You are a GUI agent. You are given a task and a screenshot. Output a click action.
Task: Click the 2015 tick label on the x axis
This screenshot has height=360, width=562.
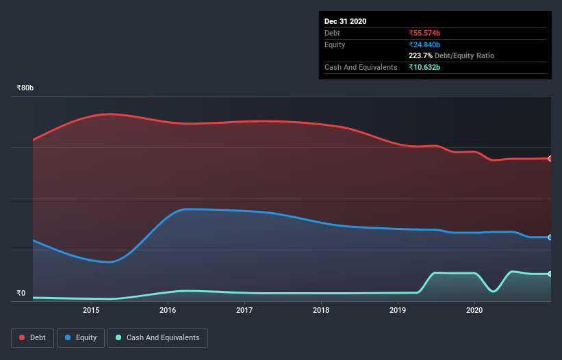pyautogui.click(x=91, y=311)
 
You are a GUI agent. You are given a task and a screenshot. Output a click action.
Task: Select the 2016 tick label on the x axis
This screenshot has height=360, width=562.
pyautogui.click(x=168, y=311)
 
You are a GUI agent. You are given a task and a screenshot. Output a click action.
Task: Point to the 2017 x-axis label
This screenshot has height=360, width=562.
pyautogui.click(x=244, y=311)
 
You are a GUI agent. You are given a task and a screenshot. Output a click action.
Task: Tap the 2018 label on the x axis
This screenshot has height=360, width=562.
pyautogui.click(x=321, y=311)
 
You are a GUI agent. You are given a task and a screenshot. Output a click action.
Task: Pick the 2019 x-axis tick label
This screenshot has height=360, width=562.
pyautogui.click(x=398, y=311)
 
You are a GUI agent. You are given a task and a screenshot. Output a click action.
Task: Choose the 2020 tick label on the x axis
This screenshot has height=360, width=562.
pyautogui.click(x=474, y=311)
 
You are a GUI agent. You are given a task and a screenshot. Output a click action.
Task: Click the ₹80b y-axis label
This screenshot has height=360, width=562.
pyautogui.click(x=25, y=88)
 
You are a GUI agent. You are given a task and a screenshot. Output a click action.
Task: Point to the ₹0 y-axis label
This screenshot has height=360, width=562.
pyautogui.click(x=21, y=294)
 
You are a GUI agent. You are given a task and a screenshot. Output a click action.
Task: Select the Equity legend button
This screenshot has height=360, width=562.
pyautogui.click(x=81, y=337)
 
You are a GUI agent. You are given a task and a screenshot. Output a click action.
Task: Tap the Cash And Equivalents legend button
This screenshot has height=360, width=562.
pyautogui.click(x=157, y=337)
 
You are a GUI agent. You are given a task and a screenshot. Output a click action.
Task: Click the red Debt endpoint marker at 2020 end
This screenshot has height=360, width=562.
pyautogui.click(x=550, y=158)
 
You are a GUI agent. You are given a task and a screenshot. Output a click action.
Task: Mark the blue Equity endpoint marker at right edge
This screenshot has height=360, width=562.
pyautogui.click(x=550, y=237)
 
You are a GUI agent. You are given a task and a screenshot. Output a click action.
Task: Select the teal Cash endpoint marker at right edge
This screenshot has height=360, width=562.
pyautogui.click(x=550, y=274)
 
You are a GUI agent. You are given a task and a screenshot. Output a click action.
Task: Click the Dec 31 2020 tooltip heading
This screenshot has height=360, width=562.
pyautogui.click(x=345, y=21)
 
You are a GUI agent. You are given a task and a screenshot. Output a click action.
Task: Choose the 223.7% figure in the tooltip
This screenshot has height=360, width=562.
pyautogui.click(x=420, y=55)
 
